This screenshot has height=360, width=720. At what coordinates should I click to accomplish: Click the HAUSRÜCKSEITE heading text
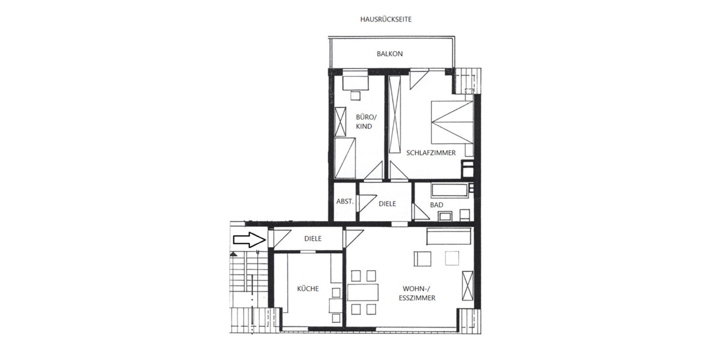pos(386,19)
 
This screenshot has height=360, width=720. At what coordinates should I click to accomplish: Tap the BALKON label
pos(389,54)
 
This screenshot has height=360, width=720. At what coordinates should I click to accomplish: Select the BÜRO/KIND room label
pos(364,122)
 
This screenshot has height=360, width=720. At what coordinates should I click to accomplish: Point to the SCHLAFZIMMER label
pos(431,153)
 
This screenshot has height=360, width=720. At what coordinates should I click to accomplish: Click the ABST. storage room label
pos(345,202)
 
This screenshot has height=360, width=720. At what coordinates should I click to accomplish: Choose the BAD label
pos(436,205)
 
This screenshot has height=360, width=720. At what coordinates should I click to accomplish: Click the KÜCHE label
pos(308,289)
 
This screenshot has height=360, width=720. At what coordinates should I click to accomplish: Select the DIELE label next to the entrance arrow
pos(313,239)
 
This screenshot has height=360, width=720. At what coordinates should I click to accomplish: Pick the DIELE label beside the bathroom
pos(388,204)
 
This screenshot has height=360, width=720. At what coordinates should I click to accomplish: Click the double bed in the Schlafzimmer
pos(452,127)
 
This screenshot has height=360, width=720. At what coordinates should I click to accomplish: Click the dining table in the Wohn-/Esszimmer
pos(363,292)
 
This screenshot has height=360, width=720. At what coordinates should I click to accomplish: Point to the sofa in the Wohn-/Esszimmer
pos(448,236)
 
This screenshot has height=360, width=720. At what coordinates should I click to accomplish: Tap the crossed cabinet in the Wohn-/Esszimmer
pos(467,286)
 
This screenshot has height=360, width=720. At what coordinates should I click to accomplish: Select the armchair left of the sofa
pos(422,259)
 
